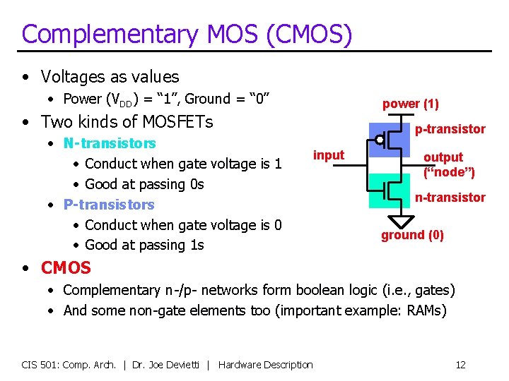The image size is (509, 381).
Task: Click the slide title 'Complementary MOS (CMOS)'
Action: pos(187,34)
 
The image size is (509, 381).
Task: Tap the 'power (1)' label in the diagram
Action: pos(410,104)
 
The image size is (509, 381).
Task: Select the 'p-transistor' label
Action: pos(450,128)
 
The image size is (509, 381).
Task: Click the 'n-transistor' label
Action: pos(450,198)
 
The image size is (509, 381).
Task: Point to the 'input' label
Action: pos(329,155)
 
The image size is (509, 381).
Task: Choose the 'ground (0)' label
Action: pos(412,235)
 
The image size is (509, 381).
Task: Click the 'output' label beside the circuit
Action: pos(443,157)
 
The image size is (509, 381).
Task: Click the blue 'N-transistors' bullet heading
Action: pos(110,143)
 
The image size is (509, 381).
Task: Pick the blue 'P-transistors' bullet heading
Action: pos(109,205)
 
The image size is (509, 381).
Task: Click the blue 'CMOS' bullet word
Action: pos(66,268)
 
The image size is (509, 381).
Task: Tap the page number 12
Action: pos(460,365)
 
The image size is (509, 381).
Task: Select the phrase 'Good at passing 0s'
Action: pos(144,184)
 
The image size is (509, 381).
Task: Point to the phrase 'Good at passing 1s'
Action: pos(144,245)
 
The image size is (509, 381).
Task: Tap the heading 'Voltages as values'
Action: pos(110,76)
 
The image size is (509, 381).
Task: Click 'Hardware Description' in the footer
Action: pos(265,365)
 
